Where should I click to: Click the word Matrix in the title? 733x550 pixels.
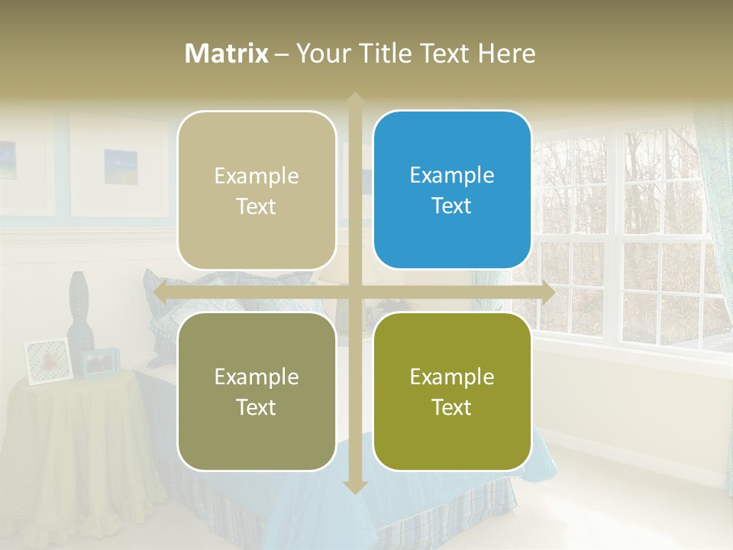click(227, 53)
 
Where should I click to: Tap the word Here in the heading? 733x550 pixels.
click(506, 53)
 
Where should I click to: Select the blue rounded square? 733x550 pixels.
click(452, 189)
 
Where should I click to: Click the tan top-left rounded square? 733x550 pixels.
click(257, 190)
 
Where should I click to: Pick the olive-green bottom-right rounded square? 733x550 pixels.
click(452, 391)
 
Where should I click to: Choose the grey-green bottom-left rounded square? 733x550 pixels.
click(257, 391)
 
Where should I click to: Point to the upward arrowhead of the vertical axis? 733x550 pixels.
click(354, 99)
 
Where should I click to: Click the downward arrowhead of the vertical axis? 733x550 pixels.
click(354, 487)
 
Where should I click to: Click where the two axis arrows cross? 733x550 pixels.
click(354, 292)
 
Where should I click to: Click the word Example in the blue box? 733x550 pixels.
click(452, 175)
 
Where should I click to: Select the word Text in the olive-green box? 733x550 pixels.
click(452, 407)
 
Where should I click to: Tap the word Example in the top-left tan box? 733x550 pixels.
click(257, 176)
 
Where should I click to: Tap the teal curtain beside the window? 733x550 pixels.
click(716, 199)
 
